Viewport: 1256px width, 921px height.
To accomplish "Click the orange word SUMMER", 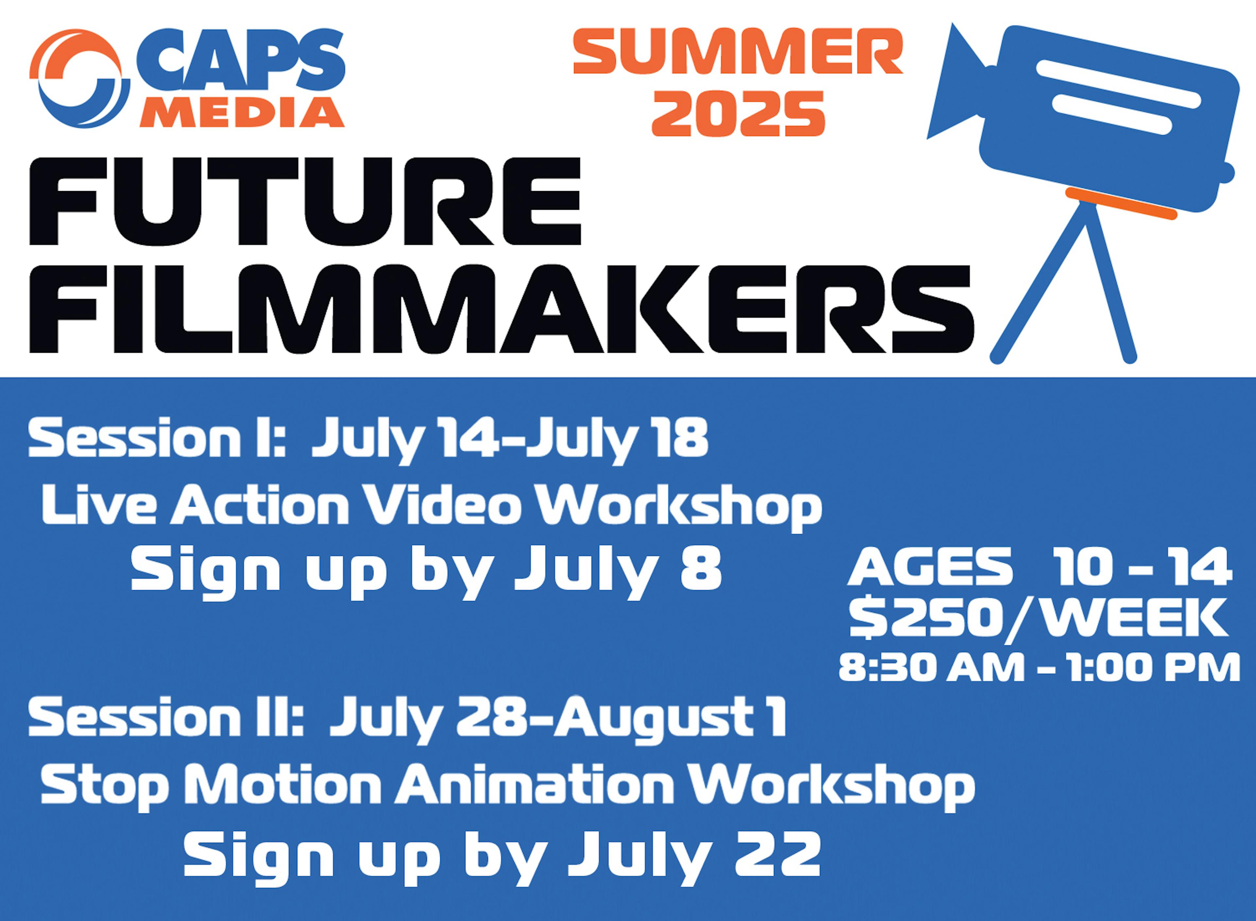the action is (738, 51).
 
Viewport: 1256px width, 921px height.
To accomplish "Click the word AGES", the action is (930, 567).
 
